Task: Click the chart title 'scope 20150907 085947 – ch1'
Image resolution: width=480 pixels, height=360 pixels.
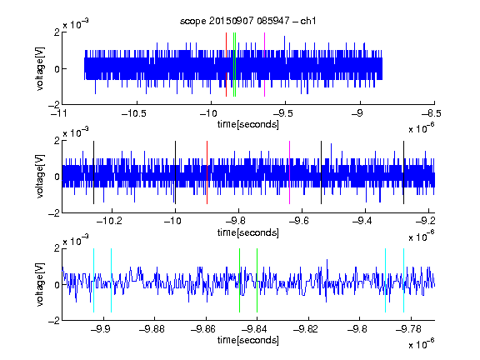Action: [247, 21]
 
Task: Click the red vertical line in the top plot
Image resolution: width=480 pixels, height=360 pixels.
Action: [226, 65]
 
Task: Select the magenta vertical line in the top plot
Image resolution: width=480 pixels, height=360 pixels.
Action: [264, 65]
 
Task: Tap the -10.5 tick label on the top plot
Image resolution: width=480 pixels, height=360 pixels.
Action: [134, 114]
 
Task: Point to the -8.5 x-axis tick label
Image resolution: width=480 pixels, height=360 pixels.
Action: [432, 114]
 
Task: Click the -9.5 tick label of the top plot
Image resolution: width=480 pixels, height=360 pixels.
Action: [282, 114]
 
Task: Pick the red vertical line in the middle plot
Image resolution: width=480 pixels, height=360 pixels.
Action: [207, 172]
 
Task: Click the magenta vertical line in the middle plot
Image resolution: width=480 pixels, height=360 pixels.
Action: [290, 172]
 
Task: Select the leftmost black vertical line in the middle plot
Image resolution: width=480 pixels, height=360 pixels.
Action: [93, 172]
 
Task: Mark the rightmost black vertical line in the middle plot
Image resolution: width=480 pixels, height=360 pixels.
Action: [404, 172]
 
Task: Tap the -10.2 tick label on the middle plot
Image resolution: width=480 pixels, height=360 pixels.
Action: [109, 221]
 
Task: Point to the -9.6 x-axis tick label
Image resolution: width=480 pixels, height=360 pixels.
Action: [299, 221]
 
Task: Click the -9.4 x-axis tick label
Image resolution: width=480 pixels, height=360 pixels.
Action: [362, 221]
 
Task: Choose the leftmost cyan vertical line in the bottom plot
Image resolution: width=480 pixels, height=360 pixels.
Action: [93, 280]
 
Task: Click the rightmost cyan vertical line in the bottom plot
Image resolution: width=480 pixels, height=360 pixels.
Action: [404, 280]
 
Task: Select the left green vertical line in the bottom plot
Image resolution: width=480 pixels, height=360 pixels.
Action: [239, 280]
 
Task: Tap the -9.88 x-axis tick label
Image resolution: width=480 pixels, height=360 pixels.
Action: [152, 329]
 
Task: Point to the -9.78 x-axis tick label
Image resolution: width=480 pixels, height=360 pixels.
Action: [408, 329]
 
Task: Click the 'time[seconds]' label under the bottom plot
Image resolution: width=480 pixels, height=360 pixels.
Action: [248, 340]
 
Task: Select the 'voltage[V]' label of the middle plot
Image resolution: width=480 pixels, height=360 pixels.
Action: [40, 177]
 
